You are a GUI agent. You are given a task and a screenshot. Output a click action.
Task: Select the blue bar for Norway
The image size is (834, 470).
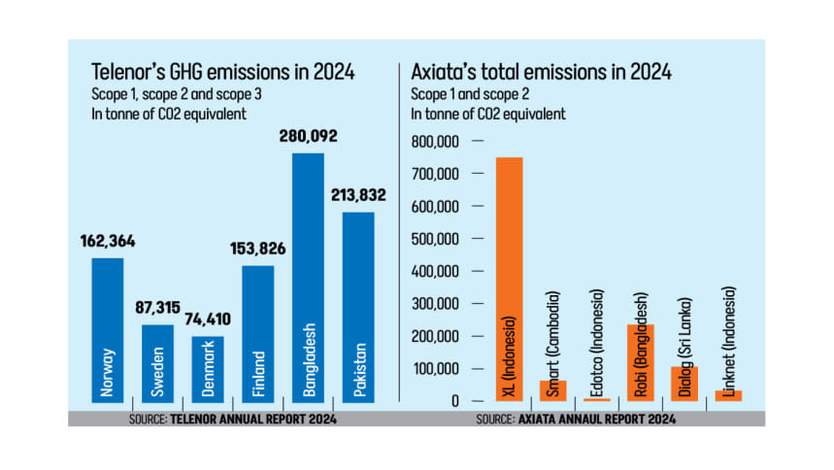coord(108,329)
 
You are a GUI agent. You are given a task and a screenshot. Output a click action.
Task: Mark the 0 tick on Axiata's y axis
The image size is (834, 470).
coord(453,401)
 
